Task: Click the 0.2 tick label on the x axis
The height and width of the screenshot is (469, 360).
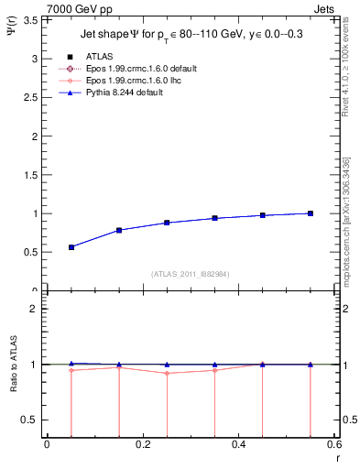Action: tap(142, 446)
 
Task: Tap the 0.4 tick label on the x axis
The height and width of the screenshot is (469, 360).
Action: tap(239, 446)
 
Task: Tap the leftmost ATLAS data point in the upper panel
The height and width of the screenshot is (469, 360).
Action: tap(71, 247)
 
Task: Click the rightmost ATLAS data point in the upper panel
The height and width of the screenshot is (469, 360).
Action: tap(311, 213)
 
